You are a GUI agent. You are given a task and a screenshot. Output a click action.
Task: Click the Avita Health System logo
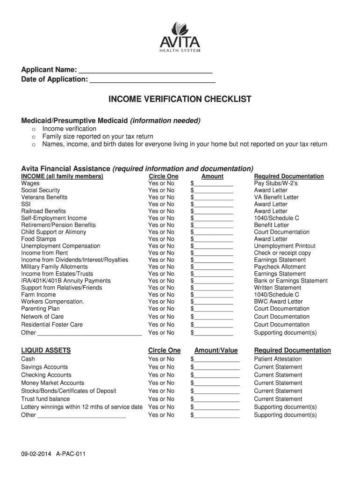point(180,37)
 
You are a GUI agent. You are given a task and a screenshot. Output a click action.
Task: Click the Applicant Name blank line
point(145,70)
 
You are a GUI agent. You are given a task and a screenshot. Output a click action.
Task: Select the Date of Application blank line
point(152,80)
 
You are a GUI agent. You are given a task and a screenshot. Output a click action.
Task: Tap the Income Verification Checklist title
point(180,99)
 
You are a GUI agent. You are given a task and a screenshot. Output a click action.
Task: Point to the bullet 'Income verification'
point(69,129)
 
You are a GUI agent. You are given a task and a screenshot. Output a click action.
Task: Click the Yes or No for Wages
point(161,183)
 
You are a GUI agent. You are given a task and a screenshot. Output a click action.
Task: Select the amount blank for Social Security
point(213,191)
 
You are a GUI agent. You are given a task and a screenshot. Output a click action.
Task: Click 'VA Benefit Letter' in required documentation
point(276,197)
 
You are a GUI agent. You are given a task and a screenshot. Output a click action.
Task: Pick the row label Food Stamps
point(38,239)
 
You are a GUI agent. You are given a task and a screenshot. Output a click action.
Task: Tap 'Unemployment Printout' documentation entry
point(284,246)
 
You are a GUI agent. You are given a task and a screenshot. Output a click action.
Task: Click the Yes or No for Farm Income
point(161,295)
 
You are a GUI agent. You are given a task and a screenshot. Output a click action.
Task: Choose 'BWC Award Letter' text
point(278,302)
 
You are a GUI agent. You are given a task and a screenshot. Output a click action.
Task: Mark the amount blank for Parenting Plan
point(213,309)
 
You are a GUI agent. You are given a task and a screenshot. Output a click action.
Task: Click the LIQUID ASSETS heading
point(46,350)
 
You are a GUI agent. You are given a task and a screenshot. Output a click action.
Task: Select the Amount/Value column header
point(216,350)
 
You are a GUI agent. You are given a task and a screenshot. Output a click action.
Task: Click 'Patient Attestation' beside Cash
point(278,359)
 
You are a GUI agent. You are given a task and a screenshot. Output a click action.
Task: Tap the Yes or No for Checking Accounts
point(161,375)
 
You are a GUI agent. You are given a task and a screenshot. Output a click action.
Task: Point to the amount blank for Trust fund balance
point(216,399)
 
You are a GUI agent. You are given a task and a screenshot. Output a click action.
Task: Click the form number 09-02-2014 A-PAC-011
point(53,454)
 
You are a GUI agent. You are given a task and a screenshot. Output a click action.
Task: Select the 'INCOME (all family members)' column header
point(62,176)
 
